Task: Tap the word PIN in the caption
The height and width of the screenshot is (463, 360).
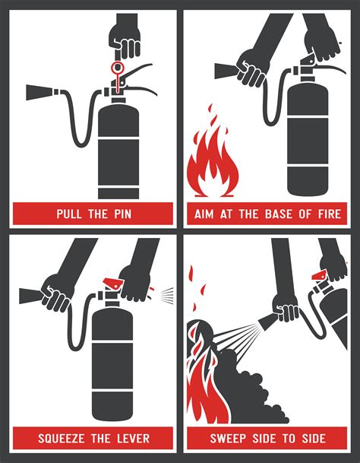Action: coord(122,214)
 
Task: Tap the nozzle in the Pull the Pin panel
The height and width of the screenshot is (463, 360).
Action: coord(39,93)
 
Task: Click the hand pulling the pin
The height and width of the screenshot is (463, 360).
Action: coord(125,40)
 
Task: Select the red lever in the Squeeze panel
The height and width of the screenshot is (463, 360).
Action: coord(114,283)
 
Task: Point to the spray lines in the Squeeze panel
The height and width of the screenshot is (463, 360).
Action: coord(167,295)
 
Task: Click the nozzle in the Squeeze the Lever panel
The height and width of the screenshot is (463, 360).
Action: coord(31,296)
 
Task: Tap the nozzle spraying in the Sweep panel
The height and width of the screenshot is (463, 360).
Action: coord(267,322)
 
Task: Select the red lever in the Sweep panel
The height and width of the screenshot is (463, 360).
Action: coord(319,275)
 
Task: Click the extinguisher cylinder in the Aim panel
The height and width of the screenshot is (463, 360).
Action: coord(308,139)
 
